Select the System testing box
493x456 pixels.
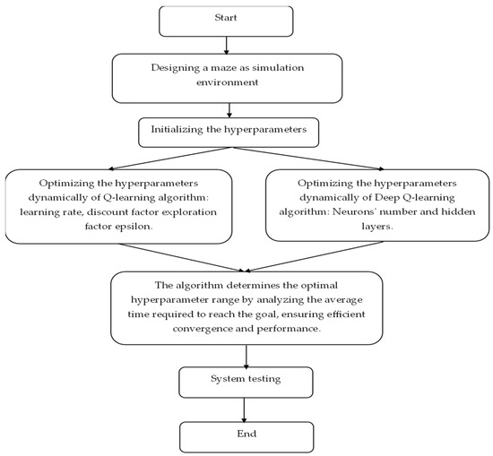click(x=246, y=380)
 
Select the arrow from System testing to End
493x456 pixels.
click(x=246, y=407)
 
